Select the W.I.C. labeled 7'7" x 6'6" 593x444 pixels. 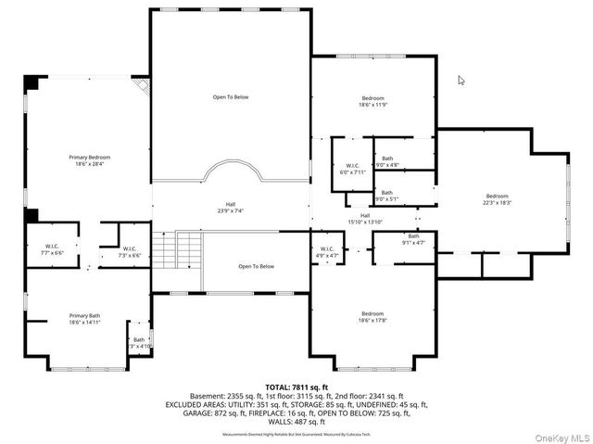pos(52,249)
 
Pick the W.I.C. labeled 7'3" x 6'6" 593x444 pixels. pos(130,250)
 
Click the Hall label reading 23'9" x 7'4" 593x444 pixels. pos(230,208)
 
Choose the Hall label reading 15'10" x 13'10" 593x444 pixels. pos(364,218)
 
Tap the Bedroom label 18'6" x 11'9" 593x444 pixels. pos(372,100)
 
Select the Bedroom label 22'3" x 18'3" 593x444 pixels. pos(497,198)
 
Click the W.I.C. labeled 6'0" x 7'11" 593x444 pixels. pos(352,169)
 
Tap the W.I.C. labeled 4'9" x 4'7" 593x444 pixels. pos(327,251)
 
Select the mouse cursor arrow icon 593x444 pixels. pos(461,81)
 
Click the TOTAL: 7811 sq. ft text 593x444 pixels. pos(296,386)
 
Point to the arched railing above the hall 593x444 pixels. pos(230,171)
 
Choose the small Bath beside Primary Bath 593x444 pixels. pos(138,342)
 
